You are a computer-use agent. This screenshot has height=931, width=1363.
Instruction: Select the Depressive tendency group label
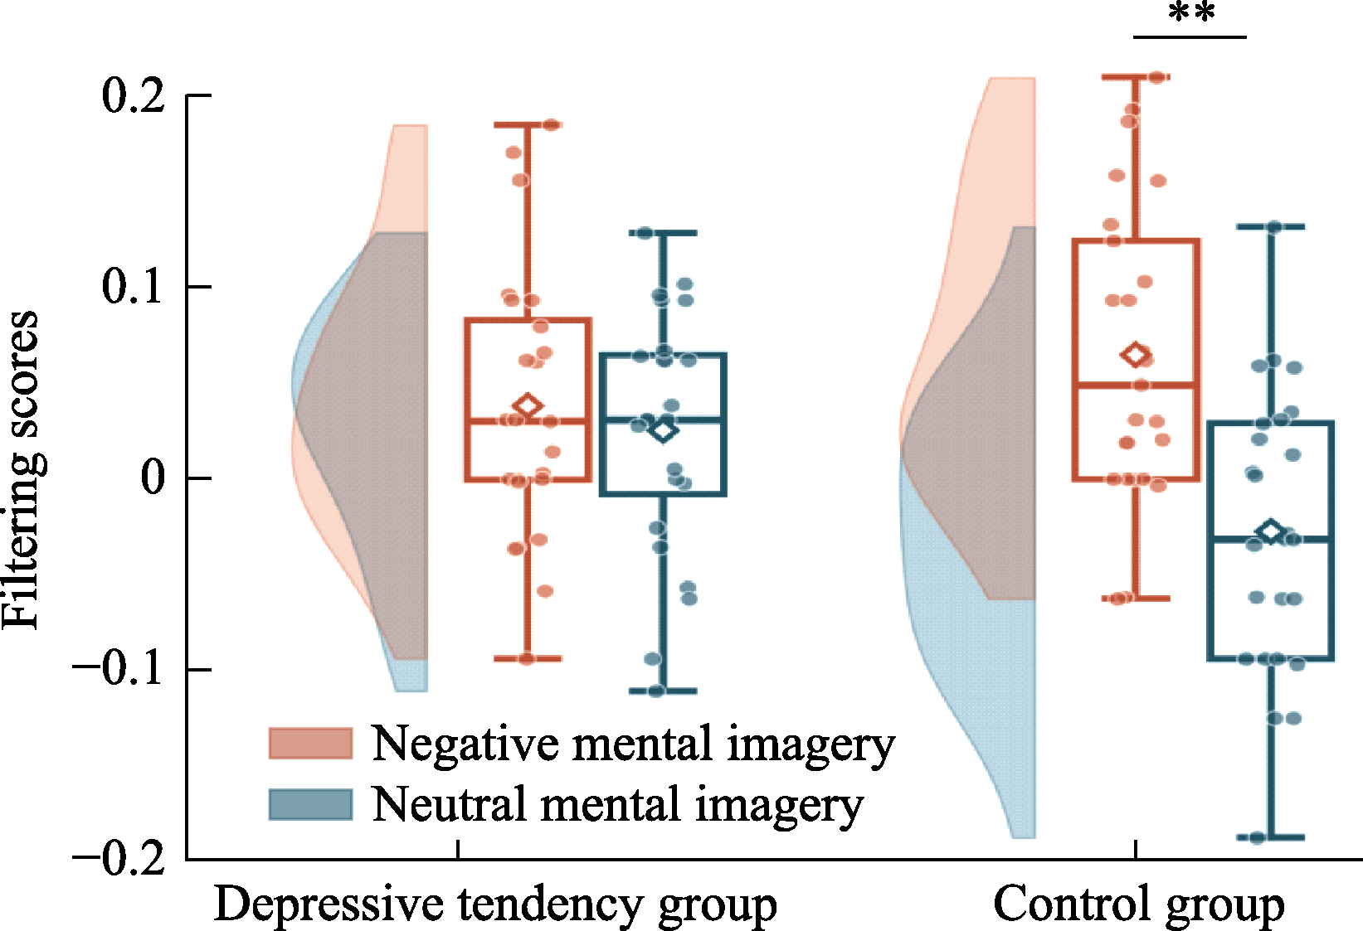coord(495,905)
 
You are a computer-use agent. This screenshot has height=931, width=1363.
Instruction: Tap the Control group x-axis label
coord(1138,905)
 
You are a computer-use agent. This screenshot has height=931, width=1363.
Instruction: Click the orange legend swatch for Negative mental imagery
coord(311,743)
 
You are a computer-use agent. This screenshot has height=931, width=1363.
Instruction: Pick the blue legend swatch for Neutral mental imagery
coord(311,805)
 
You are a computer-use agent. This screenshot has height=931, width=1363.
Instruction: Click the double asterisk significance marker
coord(1192,13)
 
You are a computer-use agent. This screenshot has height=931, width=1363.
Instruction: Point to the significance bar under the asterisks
coord(1190,37)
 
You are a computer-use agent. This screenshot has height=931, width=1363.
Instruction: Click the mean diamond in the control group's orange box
coord(1136,354)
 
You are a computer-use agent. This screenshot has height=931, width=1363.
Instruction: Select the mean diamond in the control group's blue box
coord(1271,531)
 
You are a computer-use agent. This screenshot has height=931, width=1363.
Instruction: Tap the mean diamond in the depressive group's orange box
coord(528,405)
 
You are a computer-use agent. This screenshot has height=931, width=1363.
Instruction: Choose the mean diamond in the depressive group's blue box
coord(663,430)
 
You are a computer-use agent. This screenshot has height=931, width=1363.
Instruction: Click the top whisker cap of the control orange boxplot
coord(1136,77)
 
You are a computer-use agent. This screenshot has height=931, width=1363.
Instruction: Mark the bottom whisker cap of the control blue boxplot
coord(1271,837)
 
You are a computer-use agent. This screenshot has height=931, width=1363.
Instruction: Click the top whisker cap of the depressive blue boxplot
coord(663,232)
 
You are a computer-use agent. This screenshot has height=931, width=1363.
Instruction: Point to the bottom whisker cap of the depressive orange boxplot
coord(528,658)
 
